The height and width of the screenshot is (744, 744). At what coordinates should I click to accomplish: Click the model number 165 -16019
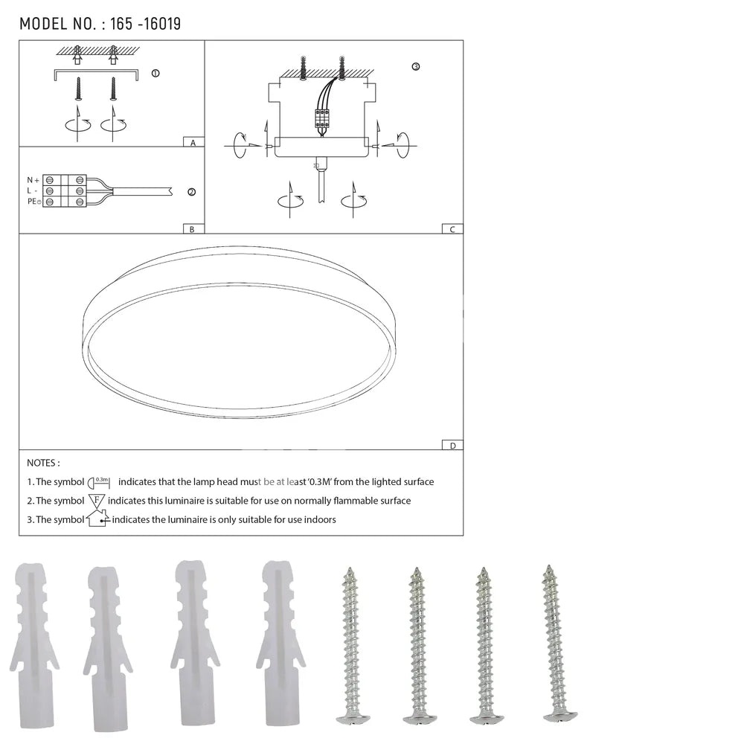point(145,25)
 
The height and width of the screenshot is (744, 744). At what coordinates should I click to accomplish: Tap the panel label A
point(193,143)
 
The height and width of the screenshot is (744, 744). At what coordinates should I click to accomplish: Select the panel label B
point(192,229)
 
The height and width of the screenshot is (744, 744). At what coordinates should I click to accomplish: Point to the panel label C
point(452,229)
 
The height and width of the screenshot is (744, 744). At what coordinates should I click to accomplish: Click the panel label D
point(452,446)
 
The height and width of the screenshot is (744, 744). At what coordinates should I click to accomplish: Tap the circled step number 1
point(155,73)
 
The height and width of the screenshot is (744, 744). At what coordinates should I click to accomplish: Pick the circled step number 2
point(192,192)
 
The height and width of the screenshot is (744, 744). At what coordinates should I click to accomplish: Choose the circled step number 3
point(416,66)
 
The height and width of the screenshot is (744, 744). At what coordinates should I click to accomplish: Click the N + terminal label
point(33,180)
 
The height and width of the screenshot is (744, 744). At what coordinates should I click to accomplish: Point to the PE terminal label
point(34,201)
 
